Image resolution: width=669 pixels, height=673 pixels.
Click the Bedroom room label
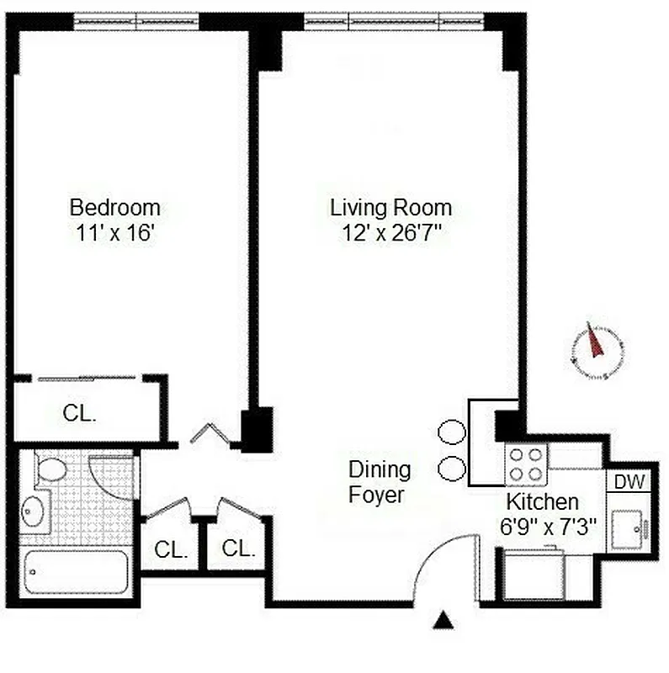(x=114, y=207)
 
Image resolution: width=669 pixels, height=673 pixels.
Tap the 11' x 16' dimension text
(x=114, y=233)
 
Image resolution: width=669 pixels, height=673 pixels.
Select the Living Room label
(x=390, y=207)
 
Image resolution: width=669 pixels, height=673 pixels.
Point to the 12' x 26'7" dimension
(x=391, y=233)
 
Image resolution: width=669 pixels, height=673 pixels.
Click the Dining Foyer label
(x=380, y=482)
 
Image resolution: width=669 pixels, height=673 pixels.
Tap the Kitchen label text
(x=542, y=502)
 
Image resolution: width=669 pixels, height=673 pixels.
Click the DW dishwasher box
(x=629, y=482)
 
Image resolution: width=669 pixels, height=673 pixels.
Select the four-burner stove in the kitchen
(x=526, y=464)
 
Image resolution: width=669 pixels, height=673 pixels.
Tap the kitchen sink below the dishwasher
(x=629, y=527)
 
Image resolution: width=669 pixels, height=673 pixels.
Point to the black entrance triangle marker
(x=443, y=623)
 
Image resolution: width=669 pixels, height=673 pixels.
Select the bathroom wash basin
(x=36, y=511)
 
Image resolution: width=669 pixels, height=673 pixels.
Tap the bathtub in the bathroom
(x=77, y=571)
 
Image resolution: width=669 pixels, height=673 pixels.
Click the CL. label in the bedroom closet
(x=80, y=413)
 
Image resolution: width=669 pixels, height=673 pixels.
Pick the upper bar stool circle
(x=452, y=432)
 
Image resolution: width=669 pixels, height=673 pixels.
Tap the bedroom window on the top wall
(x=136, y=20)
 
